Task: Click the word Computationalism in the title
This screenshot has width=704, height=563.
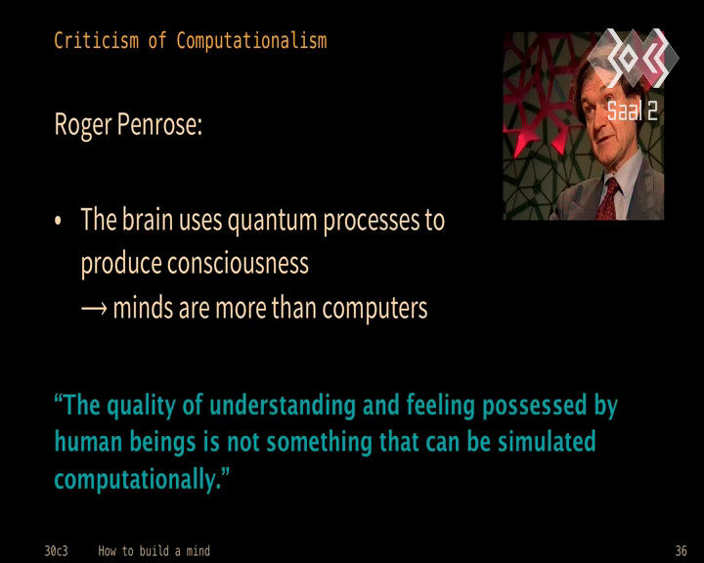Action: coord(251,41)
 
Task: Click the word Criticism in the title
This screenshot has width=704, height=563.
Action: coord(96,40)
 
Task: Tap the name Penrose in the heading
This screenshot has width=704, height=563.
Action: coord(159,124)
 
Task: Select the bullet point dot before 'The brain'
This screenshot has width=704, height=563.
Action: coord(58,221)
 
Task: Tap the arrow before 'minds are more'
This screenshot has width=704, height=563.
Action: coord(94,309)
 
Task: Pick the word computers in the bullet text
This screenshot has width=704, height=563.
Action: coord(374,309)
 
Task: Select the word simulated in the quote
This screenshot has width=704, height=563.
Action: coord(547,442)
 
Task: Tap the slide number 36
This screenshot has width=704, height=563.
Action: coord(682,551)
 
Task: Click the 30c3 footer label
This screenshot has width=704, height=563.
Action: coord(56,551)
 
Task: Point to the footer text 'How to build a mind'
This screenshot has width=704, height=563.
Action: coord(154,551)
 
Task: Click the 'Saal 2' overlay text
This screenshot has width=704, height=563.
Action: coord(633,110)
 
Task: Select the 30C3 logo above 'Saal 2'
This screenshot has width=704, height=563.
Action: coord(633,58)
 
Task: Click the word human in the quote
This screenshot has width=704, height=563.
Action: coord(88,442)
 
